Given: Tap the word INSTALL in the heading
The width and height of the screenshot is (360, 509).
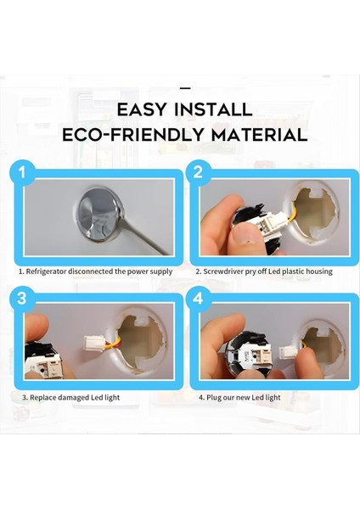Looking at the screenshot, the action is pyautogui.click(x=213, y=109).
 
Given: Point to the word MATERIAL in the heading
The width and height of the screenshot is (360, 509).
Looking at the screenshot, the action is pyautogui.click(x=259, y=135).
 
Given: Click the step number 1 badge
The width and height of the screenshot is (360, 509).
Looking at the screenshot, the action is pyautogui.click(x=22, y=171).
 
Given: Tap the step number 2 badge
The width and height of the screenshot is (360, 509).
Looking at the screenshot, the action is pyautogui.click(x=198, y=171).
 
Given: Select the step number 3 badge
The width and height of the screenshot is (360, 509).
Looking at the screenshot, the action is pyautogui.click(x=22, y=298).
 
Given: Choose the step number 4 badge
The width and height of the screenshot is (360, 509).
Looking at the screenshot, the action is pyautogui.click(x=198, y=298).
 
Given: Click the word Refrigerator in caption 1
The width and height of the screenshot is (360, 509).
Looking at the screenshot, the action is pyautogui.click(x=46, y=271).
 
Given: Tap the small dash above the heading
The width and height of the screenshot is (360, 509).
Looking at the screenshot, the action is pyautogui.click(x=185, y=88).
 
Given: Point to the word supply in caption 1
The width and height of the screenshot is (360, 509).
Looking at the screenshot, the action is pyautogui.click(x=161, y=271).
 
